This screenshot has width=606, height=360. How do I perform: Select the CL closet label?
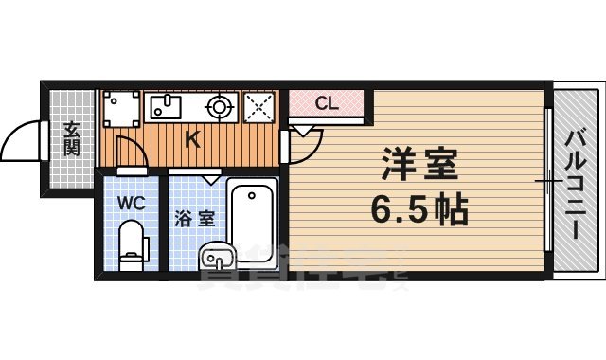tap(325, 102)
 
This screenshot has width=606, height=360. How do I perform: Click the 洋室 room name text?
tap(419, 164)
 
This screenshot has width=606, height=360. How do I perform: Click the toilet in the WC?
tap(132, 243)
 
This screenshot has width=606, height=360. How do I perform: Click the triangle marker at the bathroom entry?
tap(209, 177)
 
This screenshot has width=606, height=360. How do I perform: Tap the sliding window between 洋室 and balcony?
tap(548, 180)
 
